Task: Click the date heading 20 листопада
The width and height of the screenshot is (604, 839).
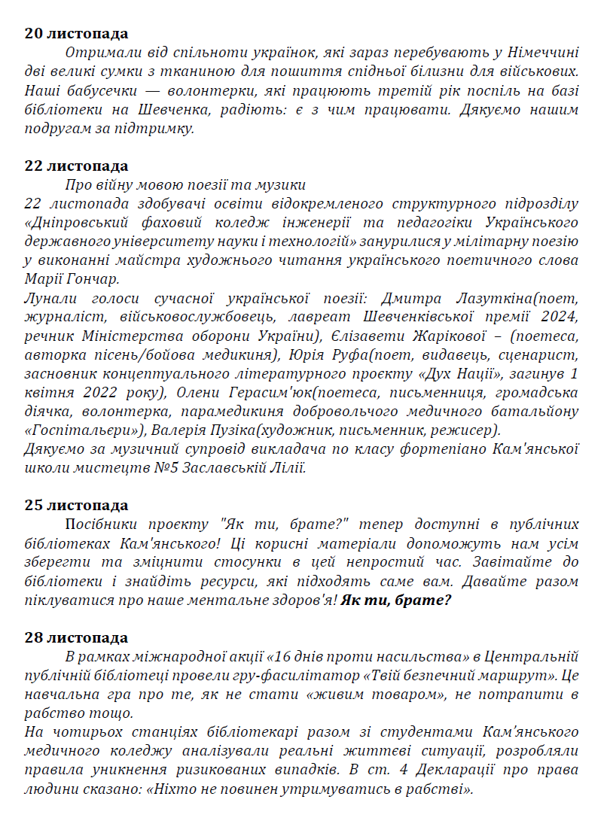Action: pyautogui.click(x=76, y=34)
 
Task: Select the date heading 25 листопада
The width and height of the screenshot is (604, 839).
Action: pyautogui.click(x=76, y=505)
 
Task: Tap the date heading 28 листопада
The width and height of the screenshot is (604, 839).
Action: pyautogui.click(x=76, y=638)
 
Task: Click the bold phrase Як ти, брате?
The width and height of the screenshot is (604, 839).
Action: pyautogui.click(x=396, y=600)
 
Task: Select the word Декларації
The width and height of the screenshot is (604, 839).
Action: pyautogui.click(x=447, y=771)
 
